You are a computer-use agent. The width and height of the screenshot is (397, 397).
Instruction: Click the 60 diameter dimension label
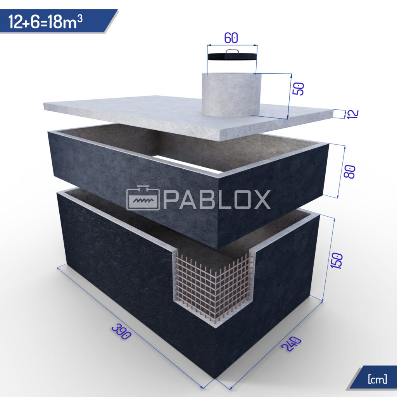tap(231, 38)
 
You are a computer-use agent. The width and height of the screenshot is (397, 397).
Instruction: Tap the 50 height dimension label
tap(298, 89)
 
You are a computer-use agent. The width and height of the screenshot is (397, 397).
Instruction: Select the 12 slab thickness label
tap(352, 114)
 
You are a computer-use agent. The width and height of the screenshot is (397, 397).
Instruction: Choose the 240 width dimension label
tap(292, 344)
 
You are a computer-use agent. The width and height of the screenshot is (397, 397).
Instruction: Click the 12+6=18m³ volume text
tap(46, 22)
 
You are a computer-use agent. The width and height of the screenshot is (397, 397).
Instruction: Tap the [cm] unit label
tap(377, 379)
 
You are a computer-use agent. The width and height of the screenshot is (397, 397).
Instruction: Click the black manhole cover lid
tap(232, 56)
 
